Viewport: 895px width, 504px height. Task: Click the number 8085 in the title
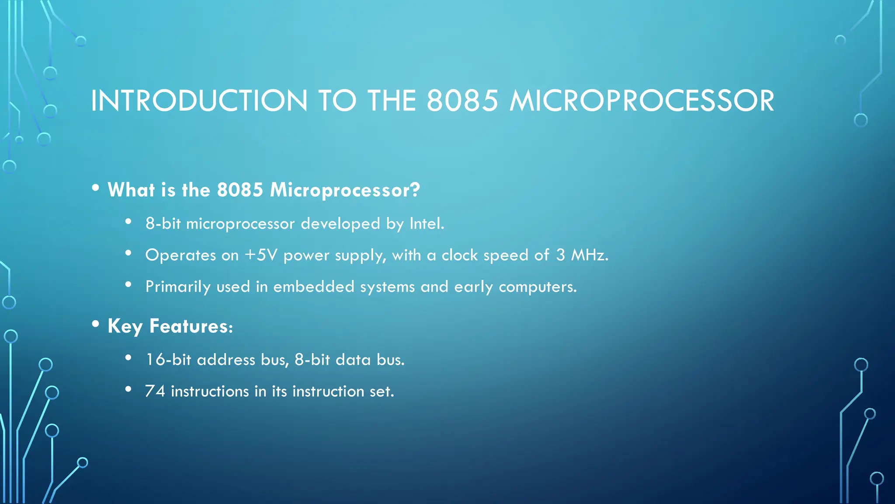click(462, 101)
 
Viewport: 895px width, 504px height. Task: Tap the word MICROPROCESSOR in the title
click(642, 101)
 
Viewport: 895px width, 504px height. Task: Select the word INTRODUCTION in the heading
click(199, 101)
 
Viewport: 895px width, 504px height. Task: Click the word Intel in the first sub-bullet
click(426, 224)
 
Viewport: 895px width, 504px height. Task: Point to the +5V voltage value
click(261, 255)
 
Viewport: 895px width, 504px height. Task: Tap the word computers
click(538, 287)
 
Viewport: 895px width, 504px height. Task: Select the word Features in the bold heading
click(191, 326)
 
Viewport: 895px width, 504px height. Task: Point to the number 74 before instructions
click(155, 391)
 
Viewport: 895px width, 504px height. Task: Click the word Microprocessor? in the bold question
click(345, 190)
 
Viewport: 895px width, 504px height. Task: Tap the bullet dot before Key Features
click(96, 324)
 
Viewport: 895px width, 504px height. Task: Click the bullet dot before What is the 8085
click(96, 188)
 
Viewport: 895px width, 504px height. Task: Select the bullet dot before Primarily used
click(128, 285)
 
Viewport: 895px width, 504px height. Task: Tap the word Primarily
click(178, 287)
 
